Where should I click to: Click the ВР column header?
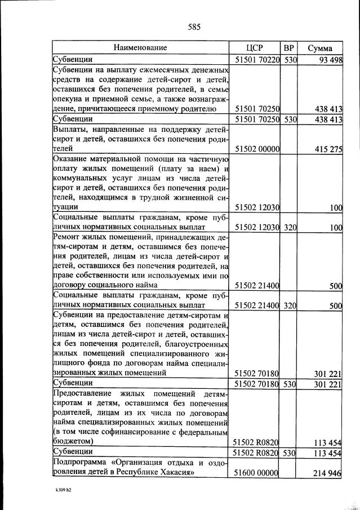pyautogui.click(x=289, y=48)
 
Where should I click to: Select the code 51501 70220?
pyautogui.click(x=257, y=59)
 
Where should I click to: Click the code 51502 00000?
pyautogui.click(x=257, y=149)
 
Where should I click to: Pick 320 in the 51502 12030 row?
pyautogui.click(x=290, y=227)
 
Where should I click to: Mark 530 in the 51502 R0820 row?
pyautogui.click(x=290, y=453)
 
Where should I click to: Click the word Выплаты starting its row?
pyautogui.click(x=71, y=129)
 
